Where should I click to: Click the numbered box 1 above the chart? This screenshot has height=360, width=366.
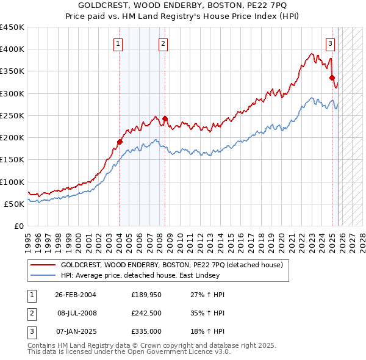point(118,43)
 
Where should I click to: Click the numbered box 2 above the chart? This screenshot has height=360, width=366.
point(163,43)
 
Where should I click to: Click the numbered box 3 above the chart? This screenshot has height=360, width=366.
point(330,43)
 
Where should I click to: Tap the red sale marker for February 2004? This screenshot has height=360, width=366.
point(120,142)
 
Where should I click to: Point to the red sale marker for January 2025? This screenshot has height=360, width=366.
point(332,77)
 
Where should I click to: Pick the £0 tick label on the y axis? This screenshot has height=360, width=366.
point(19,226)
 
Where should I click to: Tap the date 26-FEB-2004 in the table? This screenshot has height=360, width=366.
point(76,295)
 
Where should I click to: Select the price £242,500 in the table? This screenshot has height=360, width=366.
point(146,313)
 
